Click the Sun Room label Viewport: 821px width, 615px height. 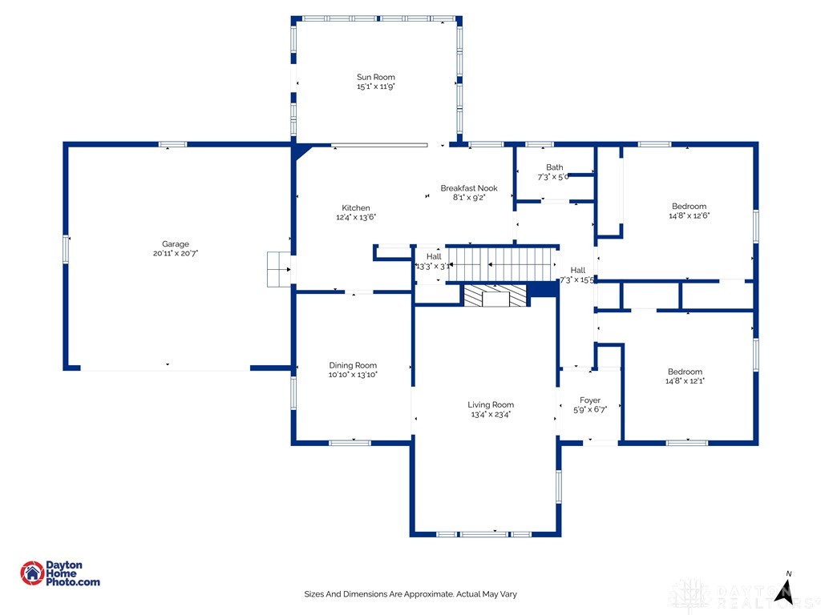[376, 77]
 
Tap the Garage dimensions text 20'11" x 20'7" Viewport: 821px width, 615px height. [176, 253]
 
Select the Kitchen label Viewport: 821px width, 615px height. [356, 208]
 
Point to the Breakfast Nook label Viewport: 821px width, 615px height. [469, 188]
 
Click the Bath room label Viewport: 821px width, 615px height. [554, 167]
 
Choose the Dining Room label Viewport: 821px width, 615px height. [353, 365]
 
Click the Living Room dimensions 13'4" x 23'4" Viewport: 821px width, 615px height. [491, 415]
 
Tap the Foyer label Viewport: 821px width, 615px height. [590, 400]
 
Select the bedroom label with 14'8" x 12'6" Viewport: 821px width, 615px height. [689, 207]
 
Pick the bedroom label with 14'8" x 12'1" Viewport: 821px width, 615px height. [686, 372]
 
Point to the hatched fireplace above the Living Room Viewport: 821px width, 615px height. [495, 295]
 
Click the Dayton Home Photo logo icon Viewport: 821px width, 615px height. [32, 573]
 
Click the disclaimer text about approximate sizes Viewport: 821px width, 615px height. [410, 594]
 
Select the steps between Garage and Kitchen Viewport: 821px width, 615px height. [278, 269]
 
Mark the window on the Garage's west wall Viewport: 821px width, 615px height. [66, 247]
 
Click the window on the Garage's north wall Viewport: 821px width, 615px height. [172, 144]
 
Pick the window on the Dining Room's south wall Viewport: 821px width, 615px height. [350, 442]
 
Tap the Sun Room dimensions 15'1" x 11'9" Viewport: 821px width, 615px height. [376, 86]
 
